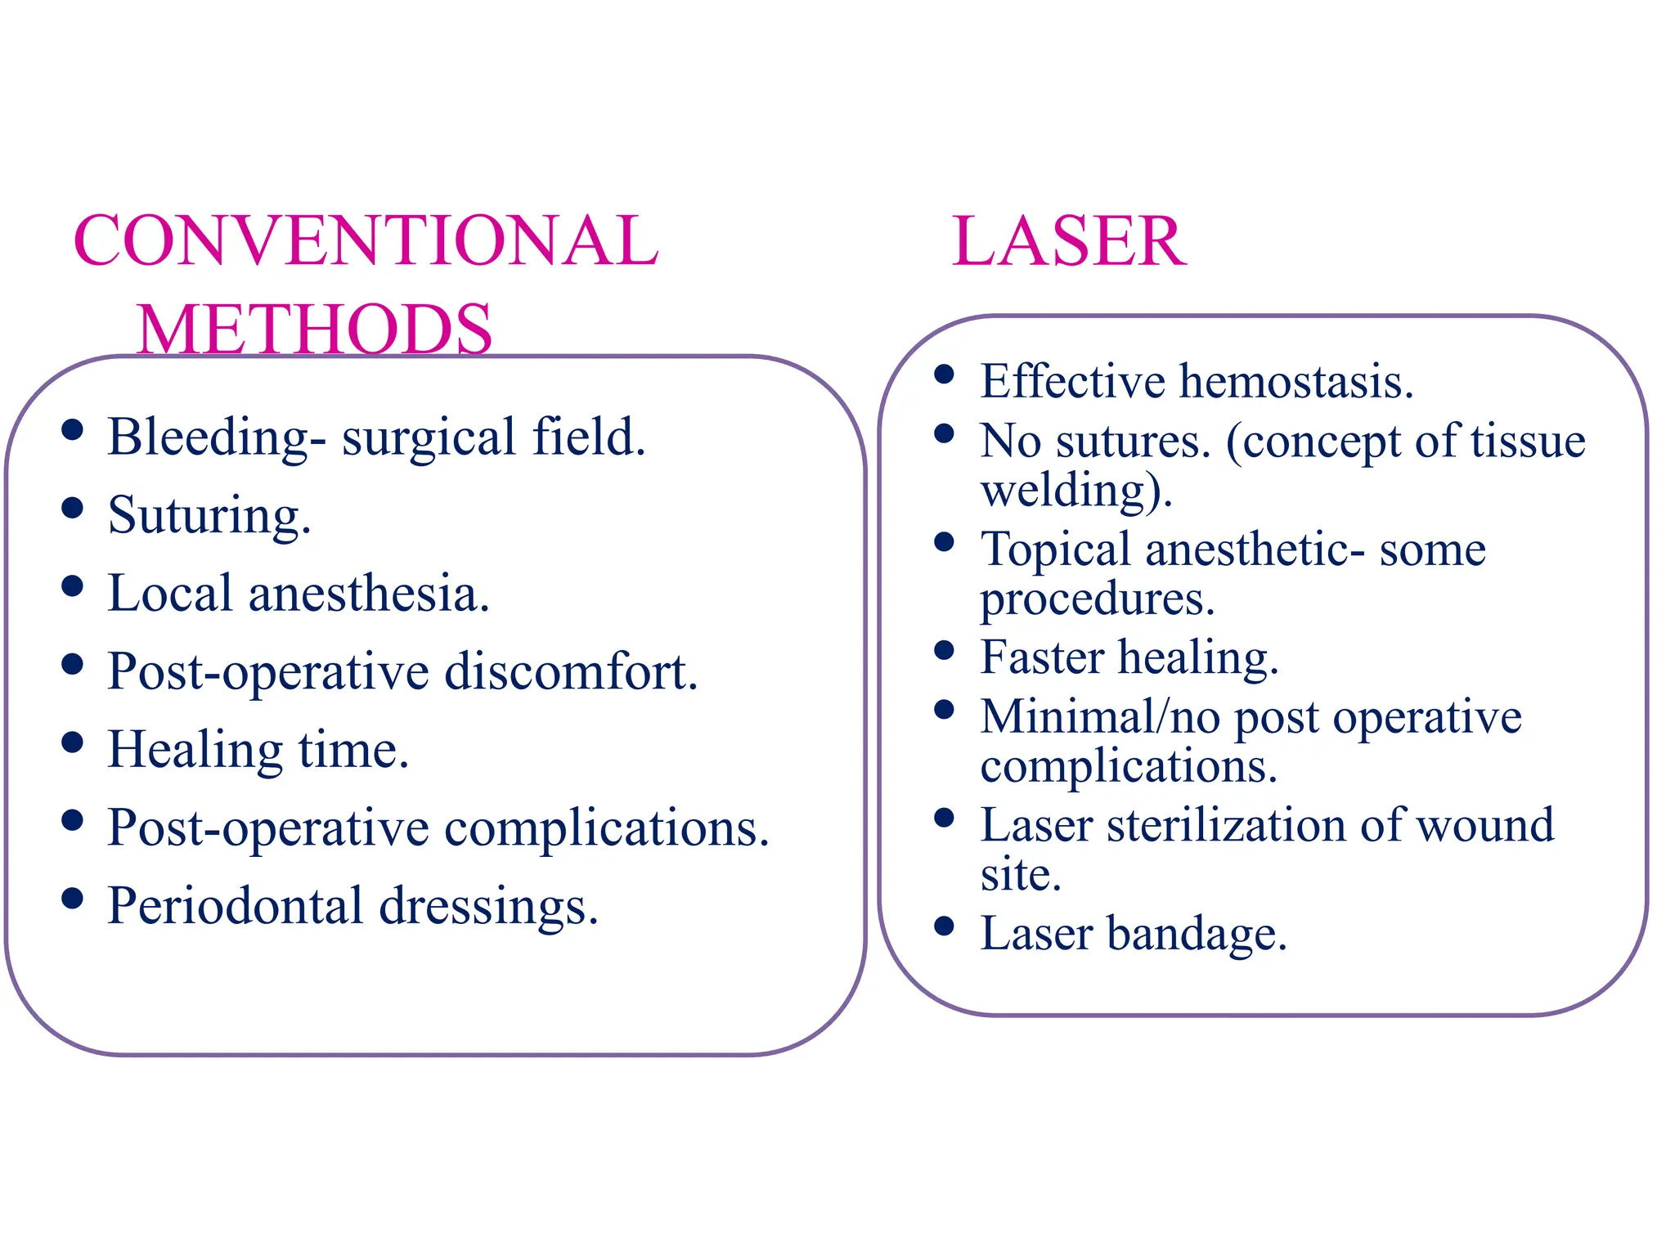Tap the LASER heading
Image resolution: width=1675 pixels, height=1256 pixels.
click(x=1068, y=241)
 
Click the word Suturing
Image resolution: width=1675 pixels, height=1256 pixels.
click(x=209, y=516)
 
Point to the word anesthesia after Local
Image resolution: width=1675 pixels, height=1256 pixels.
click(x=369, y=593)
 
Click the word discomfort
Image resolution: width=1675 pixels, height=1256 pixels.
click(x=571, y=671)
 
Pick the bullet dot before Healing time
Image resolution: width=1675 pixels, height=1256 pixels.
click(x=73, y=742)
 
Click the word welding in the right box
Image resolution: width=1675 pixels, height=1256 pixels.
click(x=1070, y=491)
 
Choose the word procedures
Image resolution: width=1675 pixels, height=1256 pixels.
click(x=1098, y=600)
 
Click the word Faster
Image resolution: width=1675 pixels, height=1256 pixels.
click(x=1041, y=657)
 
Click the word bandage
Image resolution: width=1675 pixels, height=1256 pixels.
click(x=1197, y=934)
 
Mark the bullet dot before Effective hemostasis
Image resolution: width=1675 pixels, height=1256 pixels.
click(x=945, y=375)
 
